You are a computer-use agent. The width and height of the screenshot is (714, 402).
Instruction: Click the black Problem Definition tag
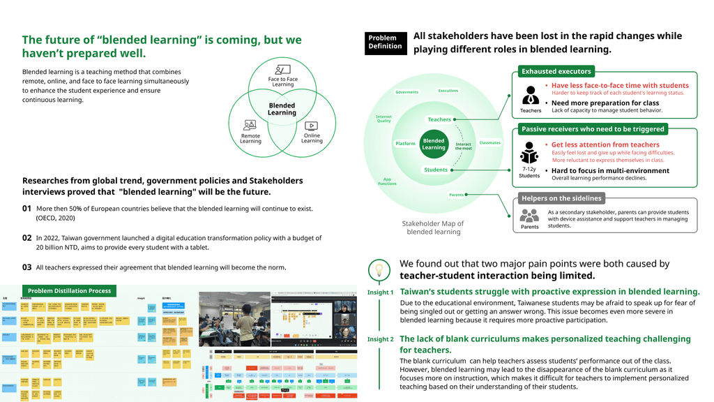pyautogui.click(x=385, y=42)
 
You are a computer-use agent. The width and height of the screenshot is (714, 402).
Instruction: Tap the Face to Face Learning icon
pyautogui.click(x=282, y=69)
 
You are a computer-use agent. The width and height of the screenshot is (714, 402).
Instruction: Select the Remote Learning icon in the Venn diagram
pyautogui.click(x=250, y=125)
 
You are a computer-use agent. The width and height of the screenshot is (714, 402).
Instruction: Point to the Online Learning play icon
pyautogui.click(x=311, y=126)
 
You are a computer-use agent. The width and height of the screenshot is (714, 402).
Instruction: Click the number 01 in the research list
pyautogui.click(x=27, y=208)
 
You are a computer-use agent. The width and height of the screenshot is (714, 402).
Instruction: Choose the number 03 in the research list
pyautogui.click(x=27, y=267)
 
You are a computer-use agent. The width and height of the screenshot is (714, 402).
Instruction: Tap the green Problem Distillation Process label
pyautogui.click(x=69, y=290)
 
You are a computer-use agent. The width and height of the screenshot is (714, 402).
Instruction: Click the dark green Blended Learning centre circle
pyautogui.click(x=433, y=144)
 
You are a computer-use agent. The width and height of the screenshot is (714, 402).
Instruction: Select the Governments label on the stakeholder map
pyautogui.click(x=407, y=92)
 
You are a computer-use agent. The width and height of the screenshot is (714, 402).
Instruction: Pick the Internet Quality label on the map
pyautogui.click(x=383, y=119)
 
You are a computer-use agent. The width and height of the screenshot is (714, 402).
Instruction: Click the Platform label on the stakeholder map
pyautogui.click(x=405, y=144)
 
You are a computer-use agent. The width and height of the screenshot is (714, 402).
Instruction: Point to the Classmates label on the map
pyautogui.click(x=489, y=143)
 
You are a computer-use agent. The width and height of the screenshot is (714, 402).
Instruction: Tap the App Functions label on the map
pyautogui.click(x=387, y=181)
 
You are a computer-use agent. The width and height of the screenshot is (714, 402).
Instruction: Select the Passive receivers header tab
pyautogui.click(x=593, y=129)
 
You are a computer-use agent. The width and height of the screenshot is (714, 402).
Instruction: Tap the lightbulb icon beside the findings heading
pyautogui.click(x=379, y=269)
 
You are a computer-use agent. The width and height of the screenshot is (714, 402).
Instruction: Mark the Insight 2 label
pyautogui.click(x=381, y=339)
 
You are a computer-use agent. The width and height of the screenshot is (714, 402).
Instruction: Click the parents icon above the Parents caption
pyautogui.click(x=530, y=215)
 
